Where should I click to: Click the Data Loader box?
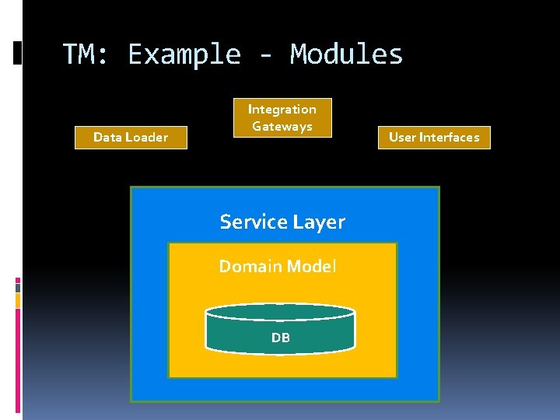(131, 138)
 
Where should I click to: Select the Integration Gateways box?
(282, 117)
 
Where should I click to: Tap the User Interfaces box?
(434, 138)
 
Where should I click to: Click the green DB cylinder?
(280, 331)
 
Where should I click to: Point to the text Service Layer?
(282, 222)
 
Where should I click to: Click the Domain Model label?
(278, 267)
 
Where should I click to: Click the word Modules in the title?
(347, 54)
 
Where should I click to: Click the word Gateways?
(282, 127)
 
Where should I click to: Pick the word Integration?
(282, 110)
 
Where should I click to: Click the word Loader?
(150, 138)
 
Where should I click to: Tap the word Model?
(311, 267)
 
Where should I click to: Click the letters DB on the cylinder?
(280, 338)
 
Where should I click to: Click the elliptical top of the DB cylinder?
(280, 312)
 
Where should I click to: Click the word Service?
(254, 222)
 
